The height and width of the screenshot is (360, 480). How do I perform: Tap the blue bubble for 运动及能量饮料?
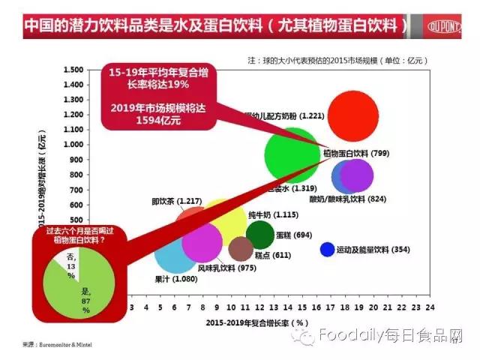pyautogui.click(x=327, y=249)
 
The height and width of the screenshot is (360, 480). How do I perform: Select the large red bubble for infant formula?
pyautogui.click(x=353, y=115)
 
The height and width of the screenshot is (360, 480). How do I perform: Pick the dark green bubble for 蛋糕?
pyautogui.click(x=259, y=235)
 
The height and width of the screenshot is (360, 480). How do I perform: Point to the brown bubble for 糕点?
pyautogui.click(x=241, y=248)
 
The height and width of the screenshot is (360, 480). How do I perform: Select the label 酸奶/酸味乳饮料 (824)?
pyautogui.click(x=347, y=199)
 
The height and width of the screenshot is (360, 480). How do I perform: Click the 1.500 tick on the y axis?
pyautogui.click(x=73, y=70)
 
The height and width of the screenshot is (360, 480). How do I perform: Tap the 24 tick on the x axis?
pyautogui.click(x=430, y=307)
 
